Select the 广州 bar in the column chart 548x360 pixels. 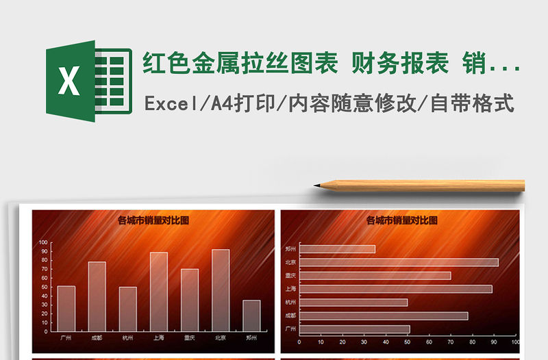click(66, 308)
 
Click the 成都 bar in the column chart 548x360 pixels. click(97, 296)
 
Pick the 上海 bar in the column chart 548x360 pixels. click(159, 292)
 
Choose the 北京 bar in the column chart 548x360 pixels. click(221, 290)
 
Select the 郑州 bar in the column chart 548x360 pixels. click(251, 315)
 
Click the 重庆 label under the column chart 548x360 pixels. click(190, 337)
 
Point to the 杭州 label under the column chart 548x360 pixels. click(128, 337)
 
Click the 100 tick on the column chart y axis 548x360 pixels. click(44, 242)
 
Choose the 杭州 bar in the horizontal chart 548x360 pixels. click(353, 303)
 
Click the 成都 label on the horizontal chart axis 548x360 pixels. click(291, 316)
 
